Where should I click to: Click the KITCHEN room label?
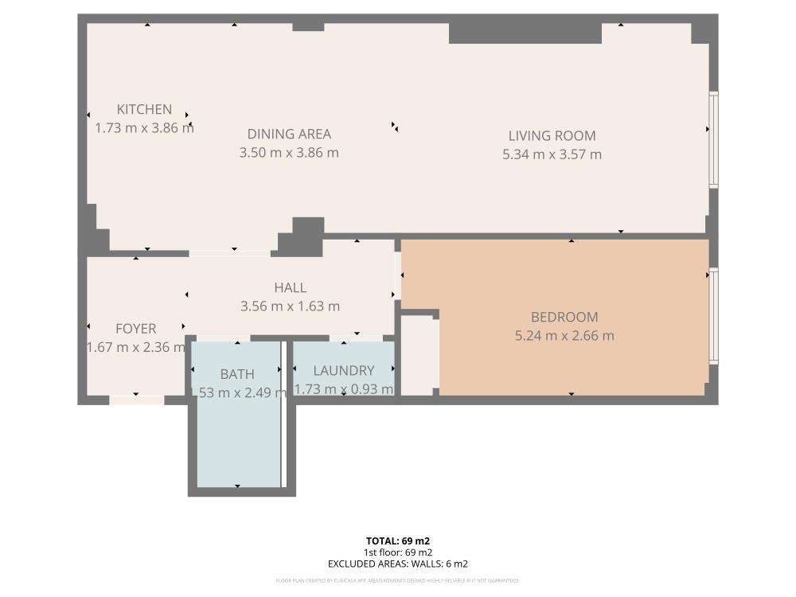(144, 110)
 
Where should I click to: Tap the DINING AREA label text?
(289, 135)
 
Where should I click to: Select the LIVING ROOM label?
(552, 136)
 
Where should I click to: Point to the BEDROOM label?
(564, 317)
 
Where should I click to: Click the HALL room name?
(290, 287)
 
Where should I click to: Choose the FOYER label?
(135, 329)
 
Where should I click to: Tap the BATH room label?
(237, 373)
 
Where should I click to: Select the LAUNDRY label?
(343, 371)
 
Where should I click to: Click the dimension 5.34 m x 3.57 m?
(552, 154)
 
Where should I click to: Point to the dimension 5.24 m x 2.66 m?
(564, 336)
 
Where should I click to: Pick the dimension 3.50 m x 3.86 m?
(289, 153)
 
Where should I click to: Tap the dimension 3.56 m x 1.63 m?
(290, 306)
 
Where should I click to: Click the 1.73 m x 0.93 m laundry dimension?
(344, 389)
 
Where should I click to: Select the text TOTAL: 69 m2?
(398, 541)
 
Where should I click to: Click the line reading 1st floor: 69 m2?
(398, 552)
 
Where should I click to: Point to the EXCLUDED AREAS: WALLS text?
(398, 564)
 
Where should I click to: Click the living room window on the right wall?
(714, 139)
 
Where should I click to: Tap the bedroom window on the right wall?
(714, 316)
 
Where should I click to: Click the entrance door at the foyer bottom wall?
(136, 400)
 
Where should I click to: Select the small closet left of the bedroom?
(419, 354)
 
